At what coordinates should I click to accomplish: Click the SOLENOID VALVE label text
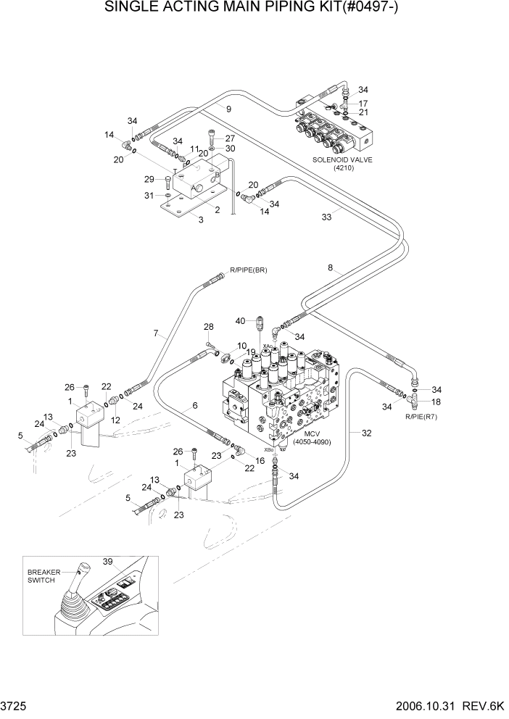(x=342, y=160)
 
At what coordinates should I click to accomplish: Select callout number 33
(x=326, y=216)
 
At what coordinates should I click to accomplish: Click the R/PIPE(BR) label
(x=248, y=270)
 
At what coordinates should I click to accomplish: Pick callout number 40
(x=240, y=320)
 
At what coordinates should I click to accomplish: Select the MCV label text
(x=313, y=434)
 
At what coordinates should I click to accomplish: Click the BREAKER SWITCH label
(x=42, y=576)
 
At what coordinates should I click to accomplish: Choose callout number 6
(x=194, y=407)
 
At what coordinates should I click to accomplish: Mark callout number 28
(x=208, y=326)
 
